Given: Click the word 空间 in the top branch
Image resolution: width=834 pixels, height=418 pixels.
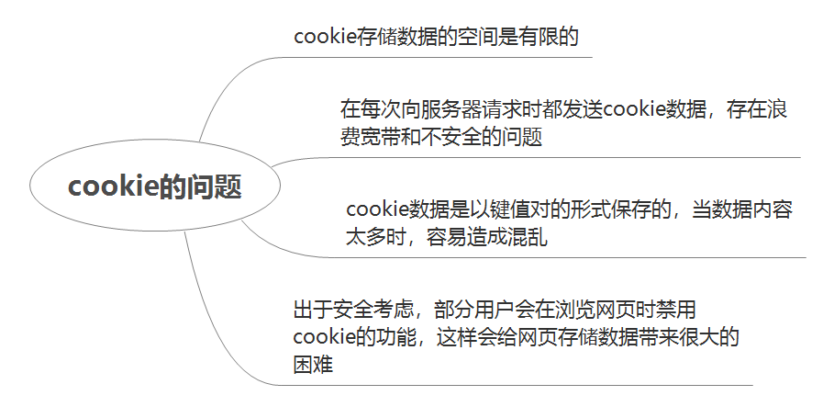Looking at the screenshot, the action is click(478, 37).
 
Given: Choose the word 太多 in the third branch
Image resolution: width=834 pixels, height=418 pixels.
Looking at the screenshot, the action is click(357, 238).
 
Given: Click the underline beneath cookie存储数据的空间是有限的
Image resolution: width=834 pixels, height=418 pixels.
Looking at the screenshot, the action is click(440, 57).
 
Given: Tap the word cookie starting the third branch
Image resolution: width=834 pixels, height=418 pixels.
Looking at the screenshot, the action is click(375, 210).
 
